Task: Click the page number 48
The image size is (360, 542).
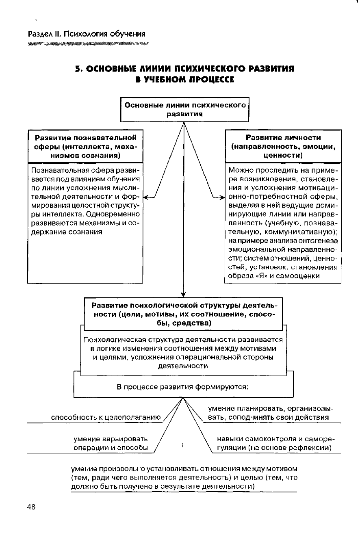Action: point(31,507)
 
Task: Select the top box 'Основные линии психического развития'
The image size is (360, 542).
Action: point(185,110)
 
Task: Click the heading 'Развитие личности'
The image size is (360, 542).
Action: point(283,138)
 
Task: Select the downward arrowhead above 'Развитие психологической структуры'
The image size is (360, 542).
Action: point(184,294)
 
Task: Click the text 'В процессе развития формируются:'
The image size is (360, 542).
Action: point(183,387)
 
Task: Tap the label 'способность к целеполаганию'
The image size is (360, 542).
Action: point(106,417)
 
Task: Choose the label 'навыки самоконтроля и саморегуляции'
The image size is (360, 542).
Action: point(274,444)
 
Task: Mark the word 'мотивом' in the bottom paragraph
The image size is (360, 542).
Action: point(283,468)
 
